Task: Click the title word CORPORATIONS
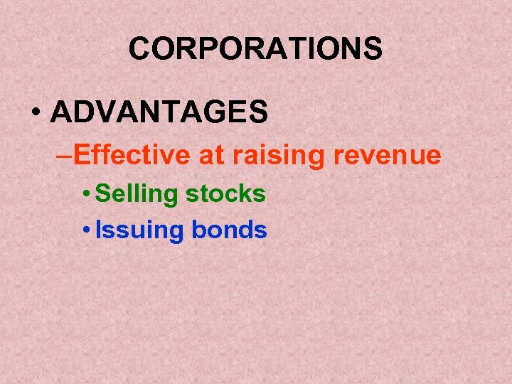[x=255, y=49]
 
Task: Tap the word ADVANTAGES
[x=159, y=112]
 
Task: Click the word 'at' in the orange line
[x=210, y=155]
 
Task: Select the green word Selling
[x=135, y=194]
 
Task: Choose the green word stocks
[x=225, y=193]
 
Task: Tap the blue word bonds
[x=229, y=230]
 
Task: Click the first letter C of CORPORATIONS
[x=139, y=49]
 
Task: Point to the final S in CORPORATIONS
[x=373, y=49]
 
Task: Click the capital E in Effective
[x=80, y=155]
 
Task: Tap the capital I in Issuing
[x=98, y=230]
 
